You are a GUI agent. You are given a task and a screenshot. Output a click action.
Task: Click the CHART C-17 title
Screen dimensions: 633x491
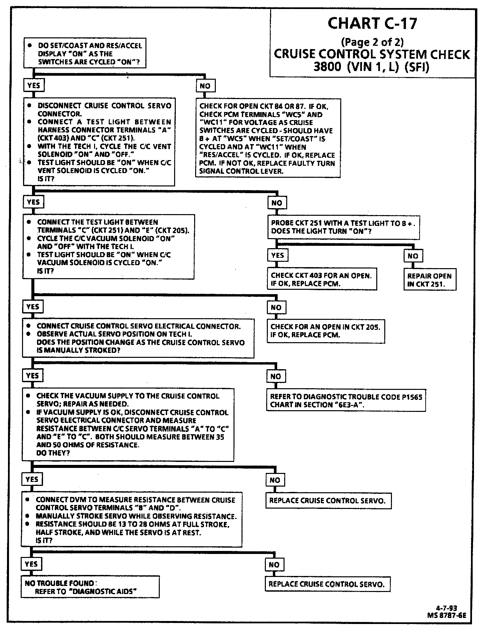point(372,23)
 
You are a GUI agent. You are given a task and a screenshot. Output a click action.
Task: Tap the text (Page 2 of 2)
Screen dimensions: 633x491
point(372,42)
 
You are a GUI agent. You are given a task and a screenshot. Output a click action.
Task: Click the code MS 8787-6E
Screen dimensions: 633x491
point(446,615)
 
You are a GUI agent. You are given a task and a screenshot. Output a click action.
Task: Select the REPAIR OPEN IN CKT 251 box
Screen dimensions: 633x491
point(429,280)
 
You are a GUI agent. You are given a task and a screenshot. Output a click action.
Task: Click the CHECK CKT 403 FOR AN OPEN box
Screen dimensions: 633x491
point(322,279)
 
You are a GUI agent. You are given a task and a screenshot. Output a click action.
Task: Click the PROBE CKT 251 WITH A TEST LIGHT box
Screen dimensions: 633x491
point(343,227)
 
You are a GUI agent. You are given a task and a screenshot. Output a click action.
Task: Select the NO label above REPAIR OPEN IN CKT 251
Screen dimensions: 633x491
point(413,256)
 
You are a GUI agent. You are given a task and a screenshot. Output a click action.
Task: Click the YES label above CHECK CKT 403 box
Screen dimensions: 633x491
point(278,255)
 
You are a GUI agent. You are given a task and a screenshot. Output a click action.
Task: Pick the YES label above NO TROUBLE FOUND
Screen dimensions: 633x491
point(31,564)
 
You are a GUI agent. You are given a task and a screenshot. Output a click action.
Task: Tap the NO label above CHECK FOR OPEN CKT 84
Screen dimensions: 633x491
point(205,86)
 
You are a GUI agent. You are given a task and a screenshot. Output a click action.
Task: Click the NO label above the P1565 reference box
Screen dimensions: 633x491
point(276,376)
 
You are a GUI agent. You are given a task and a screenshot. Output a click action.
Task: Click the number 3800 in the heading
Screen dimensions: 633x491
point(327,67)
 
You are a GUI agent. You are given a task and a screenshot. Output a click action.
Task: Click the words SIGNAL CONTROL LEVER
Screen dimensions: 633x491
point(241,171)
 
